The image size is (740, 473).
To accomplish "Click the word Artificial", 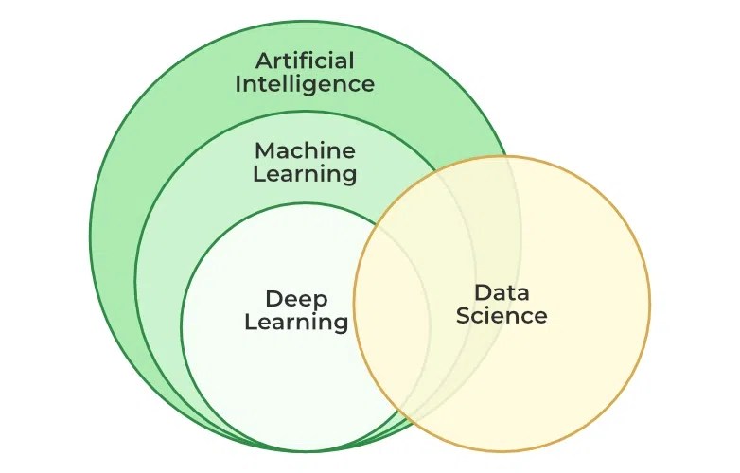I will pos(305,61).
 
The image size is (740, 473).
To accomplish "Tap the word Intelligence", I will pos(305,84).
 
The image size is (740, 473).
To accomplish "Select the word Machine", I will pos(305,151).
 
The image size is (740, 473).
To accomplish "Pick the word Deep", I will pos(296,299).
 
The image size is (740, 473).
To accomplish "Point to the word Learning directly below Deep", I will pos(296,322).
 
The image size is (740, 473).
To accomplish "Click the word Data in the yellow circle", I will pos(502,292).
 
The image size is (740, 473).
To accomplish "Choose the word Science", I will pos(502,315).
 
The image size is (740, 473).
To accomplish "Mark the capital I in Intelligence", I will pos(238,83).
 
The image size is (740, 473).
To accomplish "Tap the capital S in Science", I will pos(464,315).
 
